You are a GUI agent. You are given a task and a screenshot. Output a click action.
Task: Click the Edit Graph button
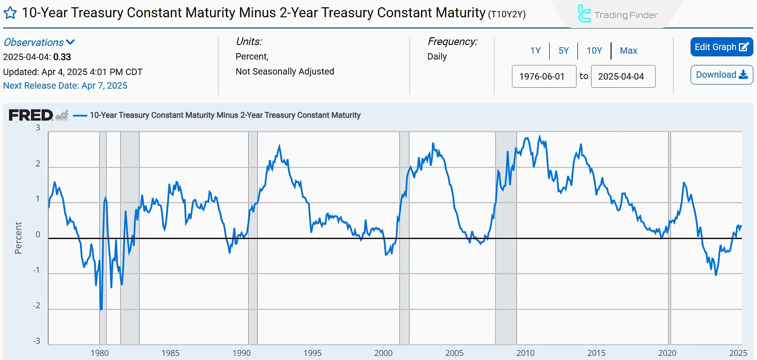[722, 47]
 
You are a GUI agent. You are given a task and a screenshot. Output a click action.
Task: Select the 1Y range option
[536, 50]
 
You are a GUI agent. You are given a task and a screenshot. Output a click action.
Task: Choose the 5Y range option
[564, 50]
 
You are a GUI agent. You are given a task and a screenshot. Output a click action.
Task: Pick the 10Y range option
[594, 50]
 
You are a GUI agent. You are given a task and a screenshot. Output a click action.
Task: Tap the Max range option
[628, 50]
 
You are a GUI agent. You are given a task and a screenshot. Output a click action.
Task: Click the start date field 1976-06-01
[544, 76]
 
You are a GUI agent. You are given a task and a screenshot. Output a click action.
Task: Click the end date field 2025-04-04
[623, 76]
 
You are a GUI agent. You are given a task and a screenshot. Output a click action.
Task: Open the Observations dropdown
[39, 42]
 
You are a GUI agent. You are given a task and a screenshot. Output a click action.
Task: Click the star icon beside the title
[10, 13]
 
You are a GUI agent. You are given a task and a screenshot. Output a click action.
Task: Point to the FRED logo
[31, 115]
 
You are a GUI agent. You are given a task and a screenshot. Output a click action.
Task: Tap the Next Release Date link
[65, 85]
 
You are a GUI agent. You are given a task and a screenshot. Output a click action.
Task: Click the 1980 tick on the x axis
[100, 353]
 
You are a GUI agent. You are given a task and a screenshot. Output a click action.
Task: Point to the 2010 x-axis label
[525, 353]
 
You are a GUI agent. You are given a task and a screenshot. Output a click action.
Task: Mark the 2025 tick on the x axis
[738, 353]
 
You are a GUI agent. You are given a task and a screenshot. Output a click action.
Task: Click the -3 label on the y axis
[37, 341]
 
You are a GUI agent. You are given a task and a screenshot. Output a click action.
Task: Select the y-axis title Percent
[18, 238]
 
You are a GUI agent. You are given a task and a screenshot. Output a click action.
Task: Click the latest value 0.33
[62, 57]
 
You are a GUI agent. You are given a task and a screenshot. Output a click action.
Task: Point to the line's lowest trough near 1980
[100, 310]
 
